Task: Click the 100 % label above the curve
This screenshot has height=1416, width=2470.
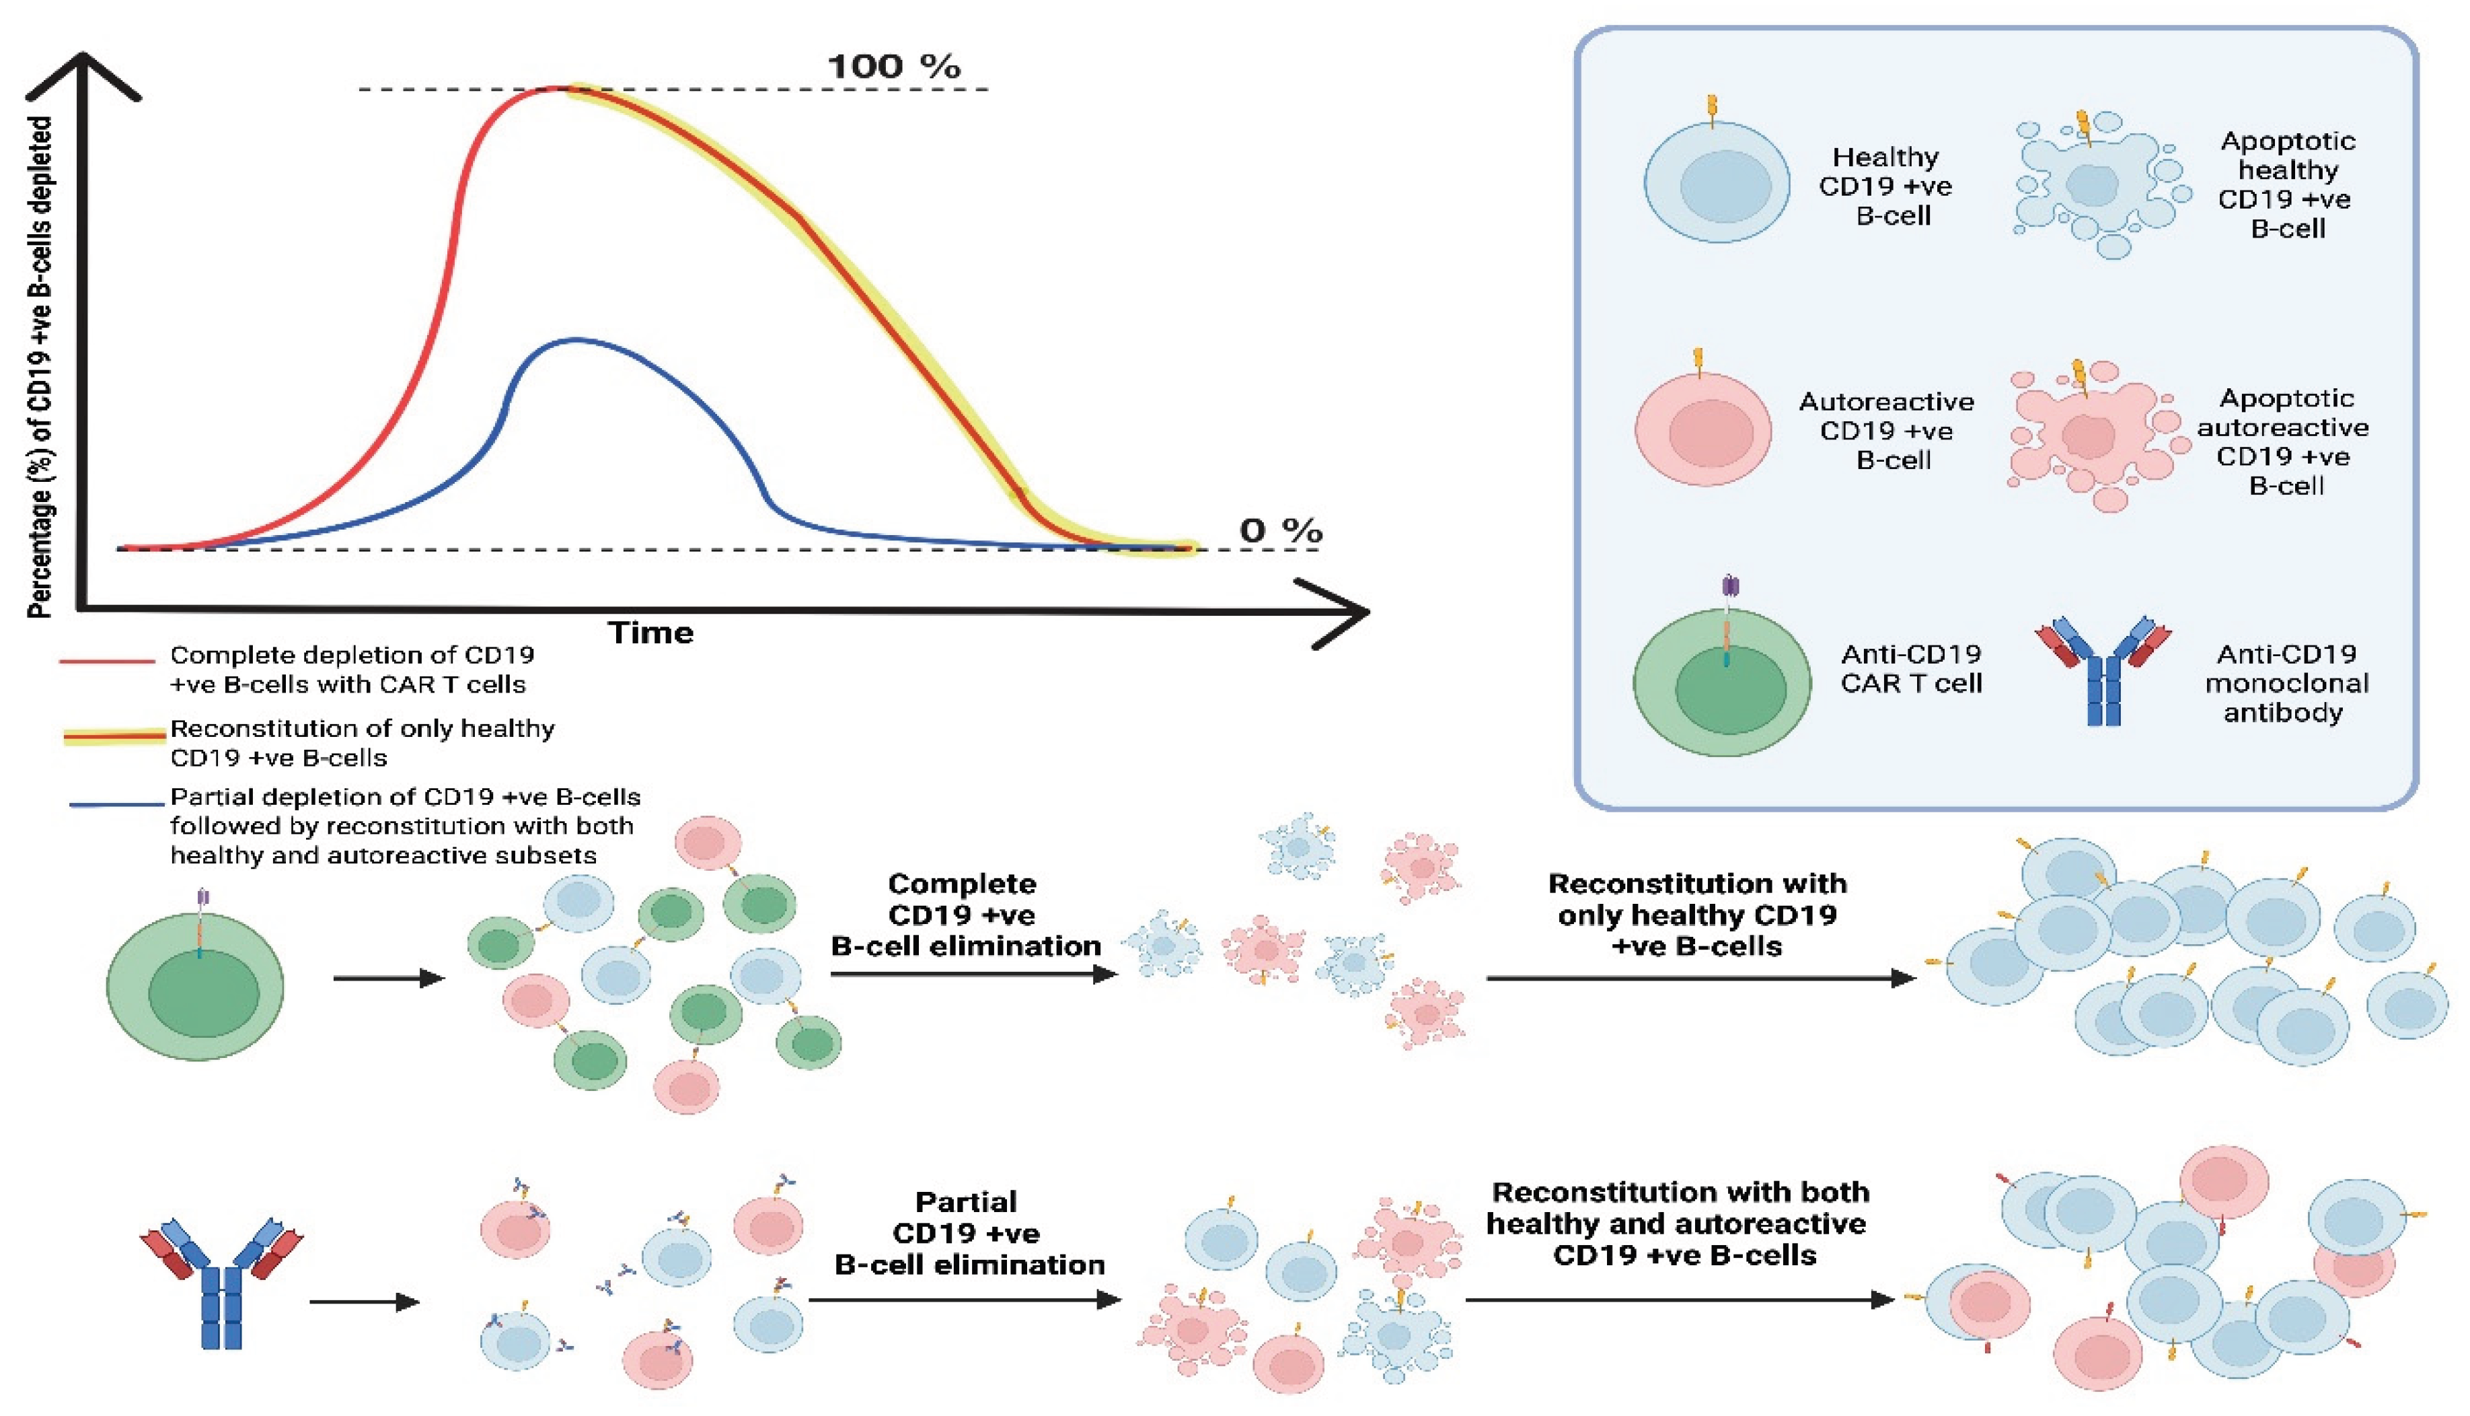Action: pos(893,67)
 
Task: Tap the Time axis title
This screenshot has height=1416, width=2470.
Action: pos(650,633)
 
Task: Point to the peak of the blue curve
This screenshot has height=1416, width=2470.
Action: pos(576,339)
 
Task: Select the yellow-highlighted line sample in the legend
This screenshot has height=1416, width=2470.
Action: pos(114,736)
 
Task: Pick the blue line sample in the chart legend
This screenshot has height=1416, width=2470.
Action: pos(116,804)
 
